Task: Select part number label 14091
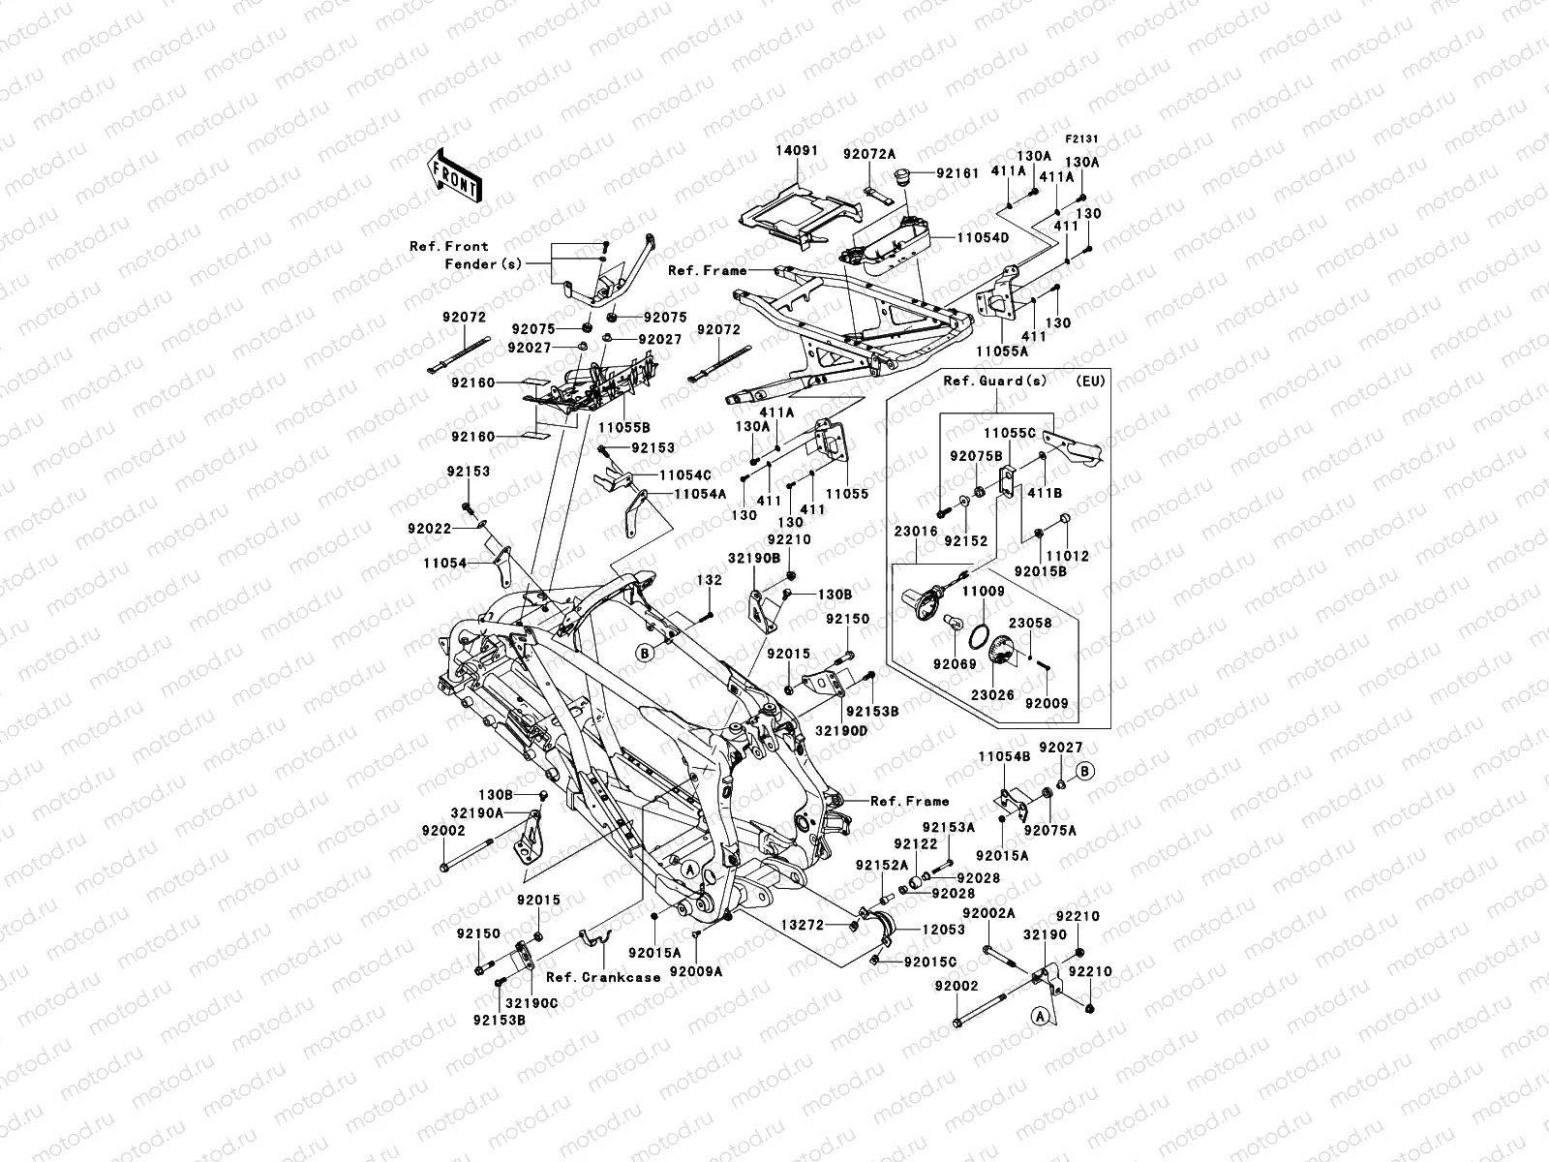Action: (x=796, y=152)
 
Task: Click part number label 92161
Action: (x=985, y=173)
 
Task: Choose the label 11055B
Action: (x=623, y=427)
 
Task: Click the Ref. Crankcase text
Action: (x=602, y=977)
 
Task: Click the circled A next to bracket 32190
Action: (x=1039, y=1016)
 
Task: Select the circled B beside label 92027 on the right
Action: (x=1084, y=771)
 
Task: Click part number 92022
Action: (x=429, y=528)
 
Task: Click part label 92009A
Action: (x=696, y=971)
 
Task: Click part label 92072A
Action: (x=868, y=153)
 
